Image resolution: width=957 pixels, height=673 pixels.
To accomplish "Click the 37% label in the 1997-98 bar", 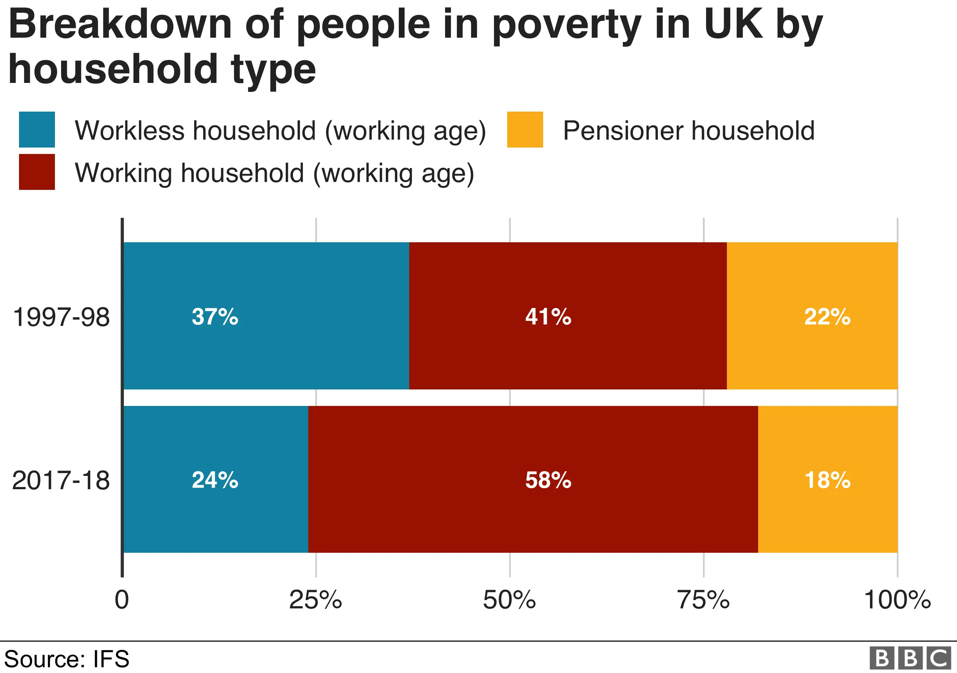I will coord(215,317).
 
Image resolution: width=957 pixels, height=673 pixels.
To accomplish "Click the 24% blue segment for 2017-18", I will coord(215,480).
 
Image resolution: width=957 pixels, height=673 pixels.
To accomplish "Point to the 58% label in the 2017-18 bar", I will coord(548,480).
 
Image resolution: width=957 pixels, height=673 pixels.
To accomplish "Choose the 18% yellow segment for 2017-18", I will coord(827,480).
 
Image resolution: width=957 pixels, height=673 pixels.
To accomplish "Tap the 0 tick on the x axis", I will coord(122,600).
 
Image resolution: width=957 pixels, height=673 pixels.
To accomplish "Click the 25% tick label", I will coord(316,600).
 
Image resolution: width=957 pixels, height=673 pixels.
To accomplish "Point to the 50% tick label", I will coord(509,600).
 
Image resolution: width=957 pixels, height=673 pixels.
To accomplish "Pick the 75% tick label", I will coord(703,600).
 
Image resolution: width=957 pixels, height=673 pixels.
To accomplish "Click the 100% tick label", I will coord(897,600).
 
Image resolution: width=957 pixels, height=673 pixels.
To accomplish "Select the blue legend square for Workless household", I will coord(37,130).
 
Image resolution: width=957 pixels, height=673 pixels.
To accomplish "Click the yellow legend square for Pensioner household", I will coord(525,130).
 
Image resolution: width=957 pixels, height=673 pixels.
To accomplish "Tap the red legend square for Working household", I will coord(37,172).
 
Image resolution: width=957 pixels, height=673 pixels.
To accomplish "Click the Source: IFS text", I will coord(67,659).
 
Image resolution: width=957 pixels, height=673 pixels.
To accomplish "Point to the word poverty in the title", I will coord(566,26).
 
